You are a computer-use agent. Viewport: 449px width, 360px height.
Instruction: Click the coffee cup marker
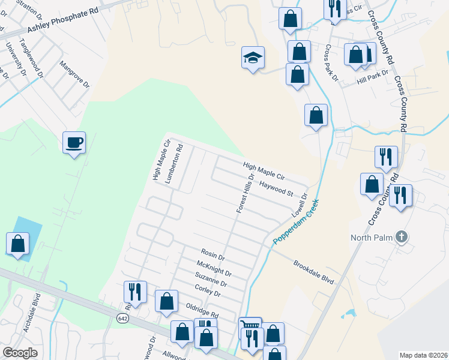pos(74,143)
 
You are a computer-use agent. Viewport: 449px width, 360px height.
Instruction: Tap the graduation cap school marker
pos(253,58)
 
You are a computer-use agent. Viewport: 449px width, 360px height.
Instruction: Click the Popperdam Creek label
pos(295,221)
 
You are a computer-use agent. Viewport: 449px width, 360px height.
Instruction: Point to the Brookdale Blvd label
pos(313,272)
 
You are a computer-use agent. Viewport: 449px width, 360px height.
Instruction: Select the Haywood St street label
pos(276,189)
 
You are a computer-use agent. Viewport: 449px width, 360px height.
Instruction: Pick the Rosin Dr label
pos(212,255)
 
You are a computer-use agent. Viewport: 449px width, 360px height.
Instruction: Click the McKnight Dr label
pos(214,268)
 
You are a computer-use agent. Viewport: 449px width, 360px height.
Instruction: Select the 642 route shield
pos(123,317)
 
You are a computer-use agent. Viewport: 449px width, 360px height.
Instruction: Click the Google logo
pos(20,353)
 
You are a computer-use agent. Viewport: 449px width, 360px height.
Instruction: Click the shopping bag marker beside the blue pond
pos(17,244)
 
